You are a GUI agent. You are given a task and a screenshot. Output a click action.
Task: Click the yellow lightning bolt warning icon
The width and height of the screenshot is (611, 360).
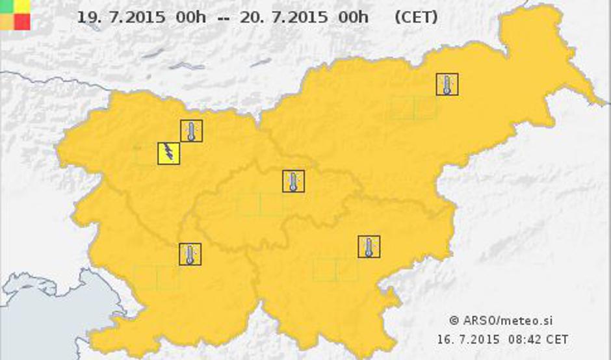click(168, 153)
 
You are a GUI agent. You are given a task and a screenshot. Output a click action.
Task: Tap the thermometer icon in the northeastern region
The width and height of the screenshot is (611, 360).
click(447, 84)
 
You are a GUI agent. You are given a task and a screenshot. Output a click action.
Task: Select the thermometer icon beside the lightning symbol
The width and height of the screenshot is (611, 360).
click(191, 131)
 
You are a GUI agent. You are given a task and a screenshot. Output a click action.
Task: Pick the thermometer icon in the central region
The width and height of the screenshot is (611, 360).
click(293, 181)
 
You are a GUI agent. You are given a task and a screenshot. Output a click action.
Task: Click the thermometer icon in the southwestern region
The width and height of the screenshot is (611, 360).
click(190, 254)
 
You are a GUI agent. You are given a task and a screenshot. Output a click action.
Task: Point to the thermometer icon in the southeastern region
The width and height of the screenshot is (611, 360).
click(369, 247)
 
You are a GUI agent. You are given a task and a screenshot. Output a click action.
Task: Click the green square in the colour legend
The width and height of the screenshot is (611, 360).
click(6, 6)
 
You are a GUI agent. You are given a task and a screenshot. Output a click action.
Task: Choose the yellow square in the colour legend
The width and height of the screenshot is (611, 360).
click(21, 6)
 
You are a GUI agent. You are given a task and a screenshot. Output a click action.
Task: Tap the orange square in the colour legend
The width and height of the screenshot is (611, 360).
click(6, 21)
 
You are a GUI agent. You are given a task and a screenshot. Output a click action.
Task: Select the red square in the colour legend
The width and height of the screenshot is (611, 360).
click(21, 21)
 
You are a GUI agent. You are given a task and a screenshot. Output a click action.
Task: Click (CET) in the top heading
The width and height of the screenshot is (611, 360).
click(415, 18)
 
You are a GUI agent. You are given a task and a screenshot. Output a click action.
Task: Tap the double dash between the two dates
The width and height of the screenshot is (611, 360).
click(223, 18)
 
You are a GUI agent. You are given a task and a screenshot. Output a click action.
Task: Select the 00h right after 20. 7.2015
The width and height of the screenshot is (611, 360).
click(354, 18)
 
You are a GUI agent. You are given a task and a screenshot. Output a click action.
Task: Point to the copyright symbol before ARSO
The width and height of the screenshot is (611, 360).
click(454, 320)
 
